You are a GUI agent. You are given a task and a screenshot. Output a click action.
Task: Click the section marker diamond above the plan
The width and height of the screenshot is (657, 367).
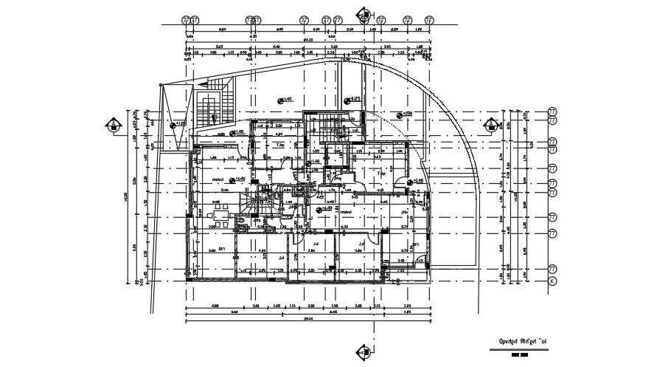pyautogui.click(x=362, y=14)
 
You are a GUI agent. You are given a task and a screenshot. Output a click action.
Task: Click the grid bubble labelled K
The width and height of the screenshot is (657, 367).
pyautogui.click(x=552, y=281)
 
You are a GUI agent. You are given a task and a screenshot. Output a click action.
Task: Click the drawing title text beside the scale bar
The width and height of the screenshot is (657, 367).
pyautogui.click(x=524, y=343)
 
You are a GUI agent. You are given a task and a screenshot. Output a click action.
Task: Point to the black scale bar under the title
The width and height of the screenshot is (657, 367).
pyautogui.click(x=520, y=355)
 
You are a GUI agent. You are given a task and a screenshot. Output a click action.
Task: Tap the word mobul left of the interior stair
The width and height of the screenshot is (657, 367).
pyautogui.click(x=217, y=179)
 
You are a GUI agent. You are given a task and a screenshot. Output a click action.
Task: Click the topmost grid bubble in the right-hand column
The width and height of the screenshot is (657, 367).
pyautogui.click(x=552, y=112)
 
